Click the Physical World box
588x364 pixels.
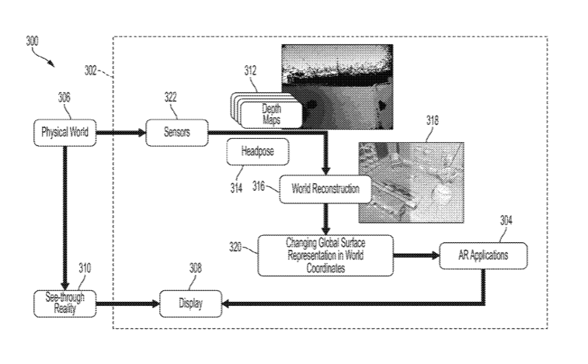point(64,132)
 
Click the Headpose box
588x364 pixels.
point(257,152)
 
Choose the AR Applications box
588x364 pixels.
point(483,255)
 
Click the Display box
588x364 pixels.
point(191,303)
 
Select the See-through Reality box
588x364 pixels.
point(64,303)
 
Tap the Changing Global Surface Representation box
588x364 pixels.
point(325,255)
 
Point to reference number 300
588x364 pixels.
point(33,41)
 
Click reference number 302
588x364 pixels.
point(92,70)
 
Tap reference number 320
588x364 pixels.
point(236,246)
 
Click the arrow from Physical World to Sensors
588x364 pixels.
point(121,133)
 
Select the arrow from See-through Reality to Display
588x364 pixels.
point(127,303)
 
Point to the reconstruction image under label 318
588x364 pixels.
point(410,182)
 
